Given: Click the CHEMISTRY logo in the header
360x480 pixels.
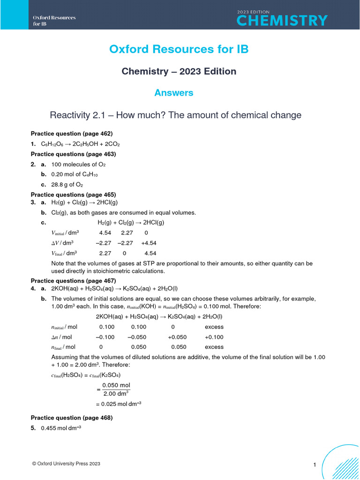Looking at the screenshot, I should point(282,20).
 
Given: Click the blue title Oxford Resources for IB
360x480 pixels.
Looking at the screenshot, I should point(179,49).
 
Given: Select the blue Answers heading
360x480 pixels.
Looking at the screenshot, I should point(174,93).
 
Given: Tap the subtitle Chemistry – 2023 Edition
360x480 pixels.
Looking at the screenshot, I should point(179,71).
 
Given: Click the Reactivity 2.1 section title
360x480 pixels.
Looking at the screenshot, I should point(175,115).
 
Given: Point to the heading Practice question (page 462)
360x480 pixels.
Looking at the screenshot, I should point(71,133).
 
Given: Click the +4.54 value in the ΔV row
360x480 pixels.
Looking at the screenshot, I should point(149,243).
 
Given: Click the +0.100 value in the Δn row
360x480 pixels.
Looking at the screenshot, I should point(215,337).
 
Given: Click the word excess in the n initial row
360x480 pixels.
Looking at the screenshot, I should point(214,327).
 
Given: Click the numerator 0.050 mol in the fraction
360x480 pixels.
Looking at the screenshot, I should point(116,385).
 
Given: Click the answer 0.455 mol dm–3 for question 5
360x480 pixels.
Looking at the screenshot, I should point(61,428).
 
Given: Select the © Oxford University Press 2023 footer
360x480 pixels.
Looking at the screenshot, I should point(66,464).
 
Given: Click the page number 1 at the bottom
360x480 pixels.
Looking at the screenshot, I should point(315,465).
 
